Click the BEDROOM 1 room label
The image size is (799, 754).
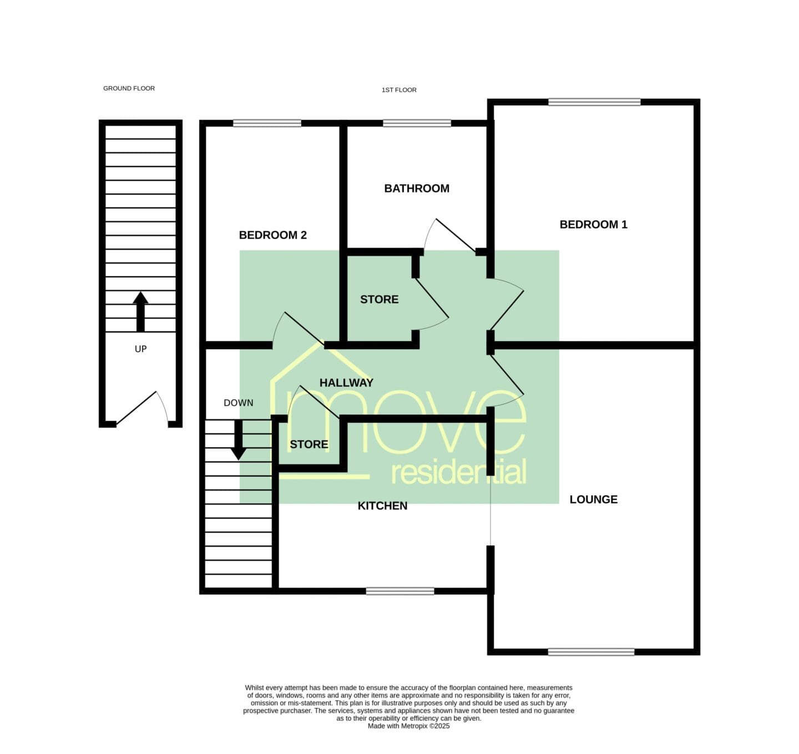click(x=593, y=225)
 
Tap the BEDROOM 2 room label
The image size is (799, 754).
click(x=273, y=235)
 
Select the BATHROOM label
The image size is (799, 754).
click(x=417, y=188)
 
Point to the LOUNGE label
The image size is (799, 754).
click(x=593, y=499)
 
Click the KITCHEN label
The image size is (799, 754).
click(x=383, y=506)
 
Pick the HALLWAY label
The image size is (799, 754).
click(x=346, y=383)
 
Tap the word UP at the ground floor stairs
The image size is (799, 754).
click(x=140, y=349)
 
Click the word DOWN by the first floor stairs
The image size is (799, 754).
click(x=239, y=403)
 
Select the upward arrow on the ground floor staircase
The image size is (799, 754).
click(x=140, y=311)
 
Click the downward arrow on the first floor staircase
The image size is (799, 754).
click(x=239, y=440)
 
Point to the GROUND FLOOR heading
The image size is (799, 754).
click(x=129, y=88)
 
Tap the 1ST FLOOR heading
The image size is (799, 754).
click(x=399, y=90)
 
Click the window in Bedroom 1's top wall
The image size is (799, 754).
click(x=594, y=102)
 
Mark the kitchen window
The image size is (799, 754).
click(x=400, y=591)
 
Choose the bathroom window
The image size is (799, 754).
click(x=417, y=123)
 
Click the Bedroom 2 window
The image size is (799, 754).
click(x=267, y=123)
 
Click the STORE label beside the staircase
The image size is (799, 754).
click(x=309, y=444)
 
